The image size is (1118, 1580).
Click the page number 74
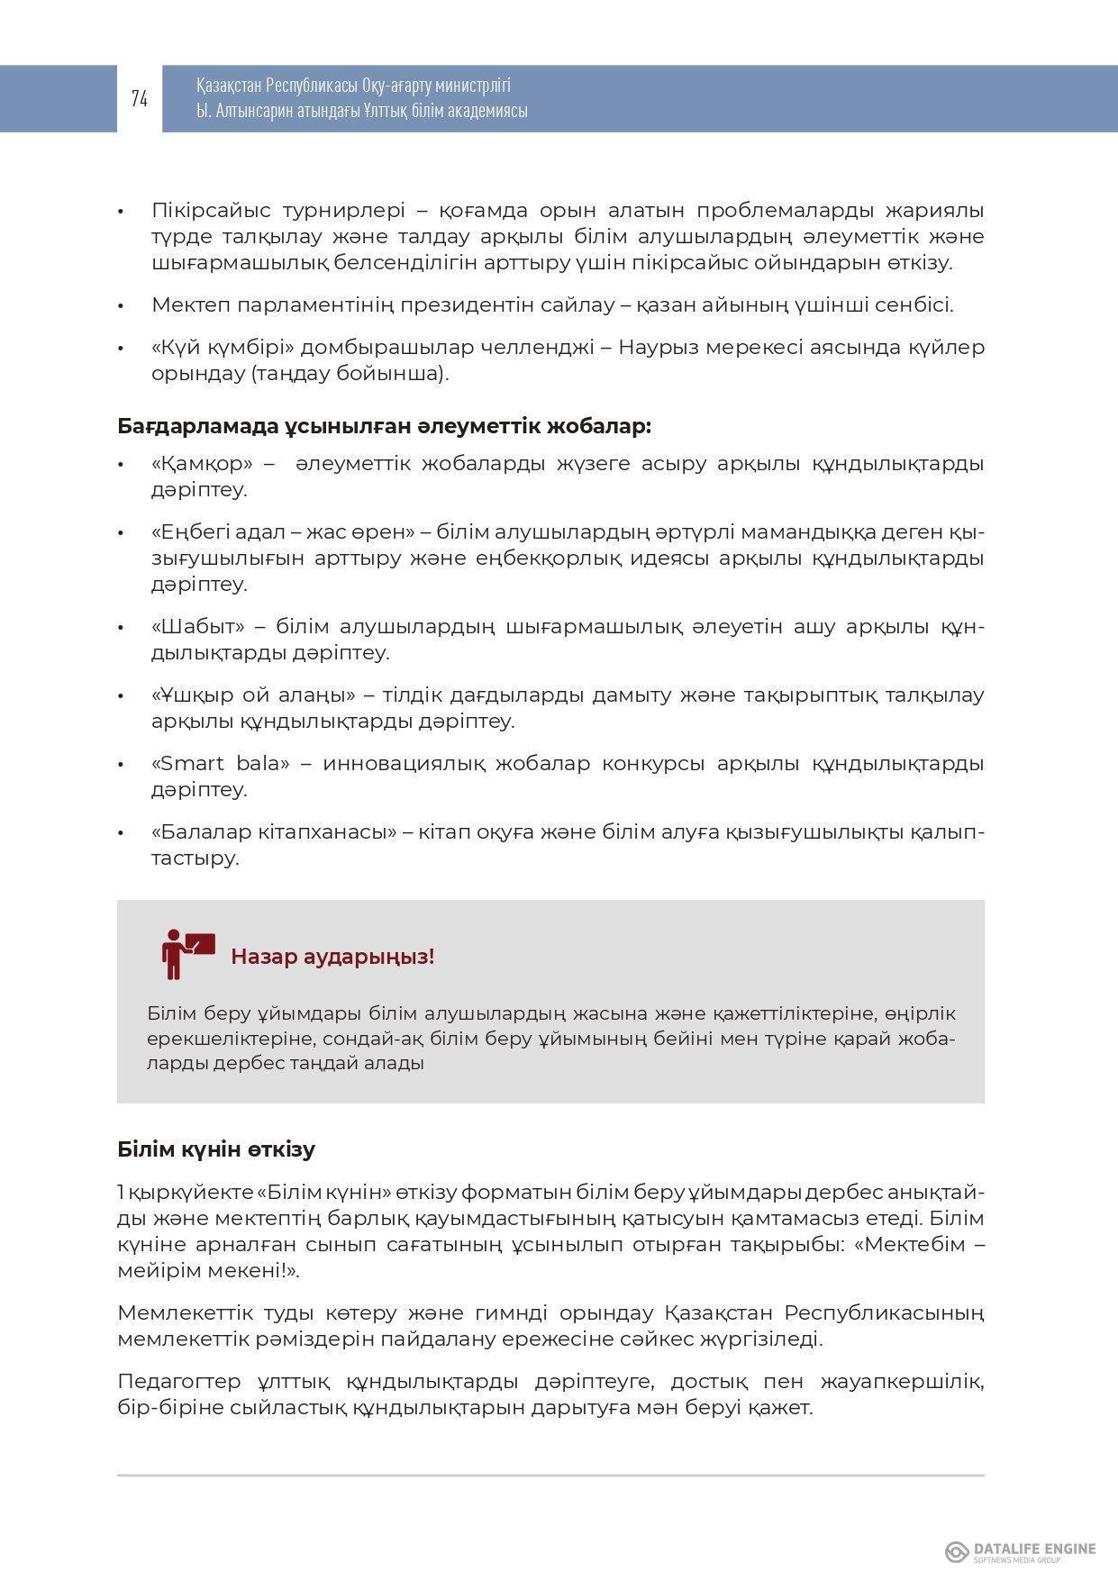coord(140,99)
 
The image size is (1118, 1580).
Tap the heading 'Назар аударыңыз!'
coord(332,957)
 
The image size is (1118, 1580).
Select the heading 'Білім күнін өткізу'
coord(216,1149)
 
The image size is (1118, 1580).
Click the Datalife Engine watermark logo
coord(1020,1551)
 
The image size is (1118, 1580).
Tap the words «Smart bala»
coord(221,764)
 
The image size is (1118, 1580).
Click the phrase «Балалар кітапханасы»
coord(274,832)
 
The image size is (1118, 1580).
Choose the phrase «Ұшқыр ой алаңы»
coord(252,695)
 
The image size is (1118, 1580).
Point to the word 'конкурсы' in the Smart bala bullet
coord(653,764)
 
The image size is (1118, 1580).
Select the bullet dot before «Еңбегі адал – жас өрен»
coord(122,532)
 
